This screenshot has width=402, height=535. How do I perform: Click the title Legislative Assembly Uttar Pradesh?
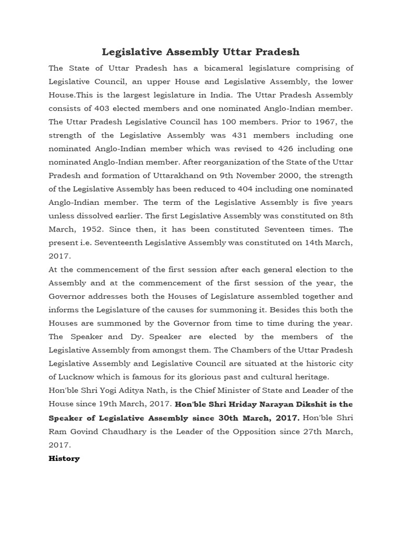(x=200, y=52)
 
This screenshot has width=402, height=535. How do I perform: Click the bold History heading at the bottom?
(x=64, y=458)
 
